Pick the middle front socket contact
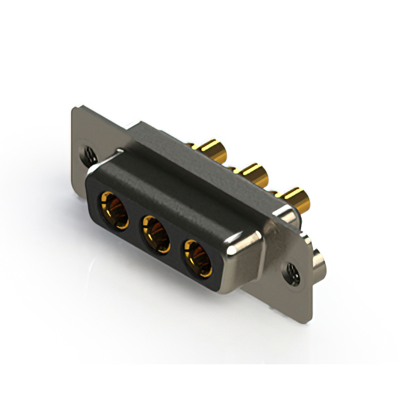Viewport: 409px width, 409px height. coord(155,231)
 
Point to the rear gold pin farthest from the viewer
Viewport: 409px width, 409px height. coord(215,151)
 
